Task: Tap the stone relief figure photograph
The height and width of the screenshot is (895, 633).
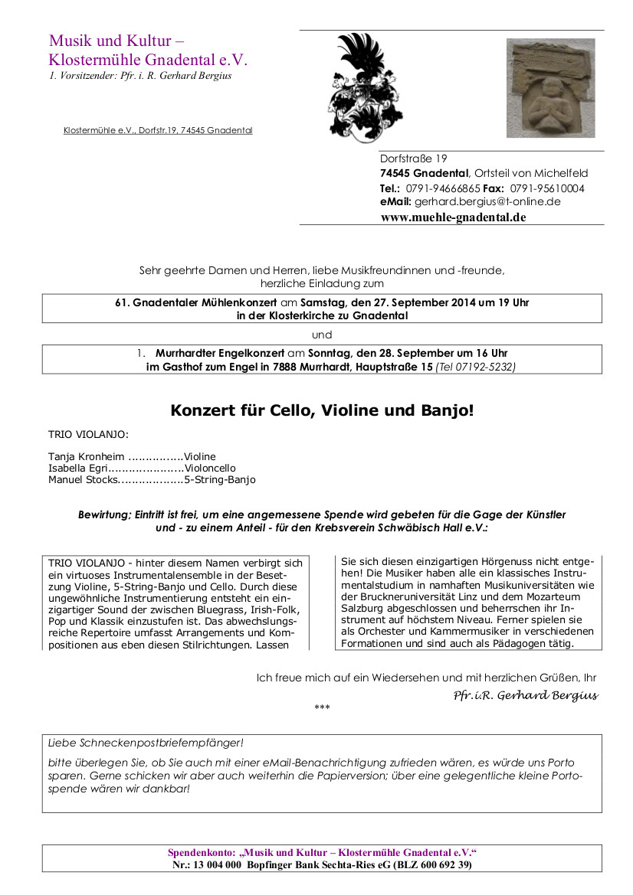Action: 550,88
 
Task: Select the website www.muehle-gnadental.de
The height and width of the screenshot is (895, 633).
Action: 453,217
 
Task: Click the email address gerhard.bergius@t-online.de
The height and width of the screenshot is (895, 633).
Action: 487,202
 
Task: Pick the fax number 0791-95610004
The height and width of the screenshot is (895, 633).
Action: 547,188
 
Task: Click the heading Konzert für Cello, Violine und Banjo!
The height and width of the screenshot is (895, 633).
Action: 322,410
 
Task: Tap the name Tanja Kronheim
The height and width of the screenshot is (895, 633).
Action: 86,457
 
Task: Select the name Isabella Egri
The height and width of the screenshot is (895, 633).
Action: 77,469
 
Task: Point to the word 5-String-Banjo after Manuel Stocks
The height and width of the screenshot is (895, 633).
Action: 220,480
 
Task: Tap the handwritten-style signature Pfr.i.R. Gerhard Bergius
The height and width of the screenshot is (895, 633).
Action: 525,695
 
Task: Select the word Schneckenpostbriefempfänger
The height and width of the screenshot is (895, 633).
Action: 159,743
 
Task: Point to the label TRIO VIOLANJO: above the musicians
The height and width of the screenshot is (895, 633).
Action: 88,434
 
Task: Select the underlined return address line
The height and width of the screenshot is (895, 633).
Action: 158,130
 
